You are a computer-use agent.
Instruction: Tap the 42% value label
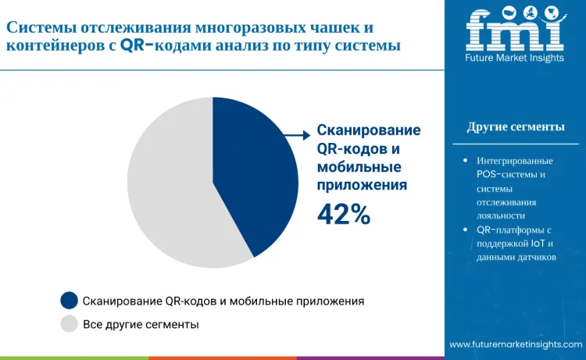[343, 213]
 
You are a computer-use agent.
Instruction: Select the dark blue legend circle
[70, 301]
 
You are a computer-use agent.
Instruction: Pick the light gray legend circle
[70, 323]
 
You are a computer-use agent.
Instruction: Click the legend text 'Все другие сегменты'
[141, 323]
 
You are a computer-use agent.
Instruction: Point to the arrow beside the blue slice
[295, 135]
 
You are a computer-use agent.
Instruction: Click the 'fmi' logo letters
[515, 30]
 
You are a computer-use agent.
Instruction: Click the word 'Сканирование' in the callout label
[368, 130]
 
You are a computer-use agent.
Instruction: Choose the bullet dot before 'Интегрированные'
[466, 160]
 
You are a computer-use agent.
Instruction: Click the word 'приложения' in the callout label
[362, 185]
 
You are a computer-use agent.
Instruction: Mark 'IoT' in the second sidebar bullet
[539, 243]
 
